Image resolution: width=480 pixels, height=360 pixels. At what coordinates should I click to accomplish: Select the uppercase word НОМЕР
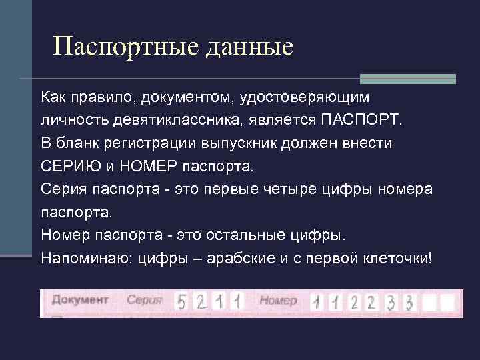point(136,166)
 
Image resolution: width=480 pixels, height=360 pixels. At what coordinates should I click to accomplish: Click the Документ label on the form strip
point(80,300)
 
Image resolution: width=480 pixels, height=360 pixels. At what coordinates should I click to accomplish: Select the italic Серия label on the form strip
point(144,301)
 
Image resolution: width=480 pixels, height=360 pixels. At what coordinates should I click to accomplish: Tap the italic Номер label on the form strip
point(278,301)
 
